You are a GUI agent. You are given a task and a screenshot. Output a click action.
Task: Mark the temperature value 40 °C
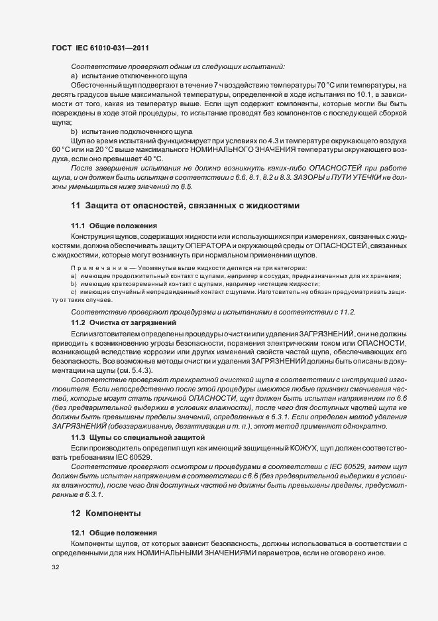[150, 159]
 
